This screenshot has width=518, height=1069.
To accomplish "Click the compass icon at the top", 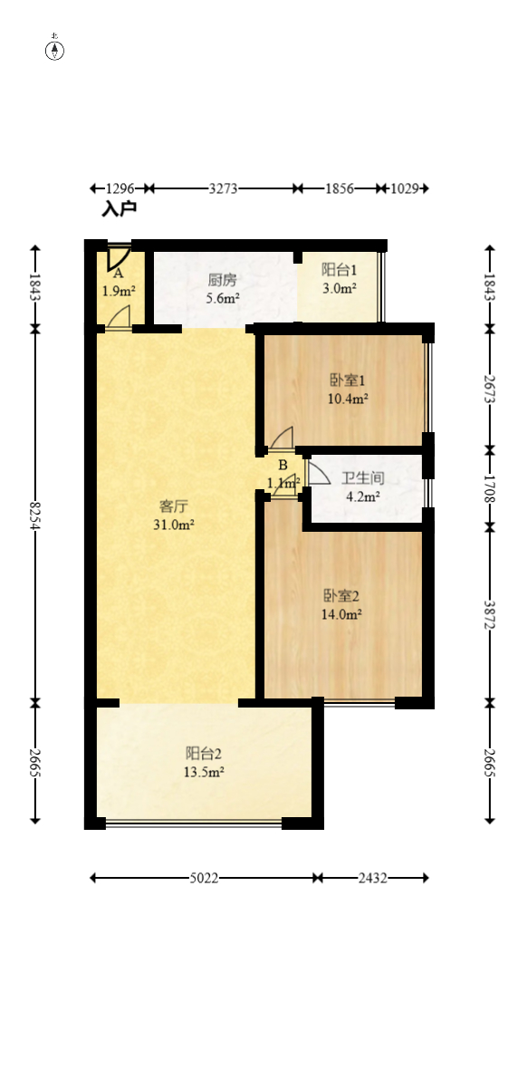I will pyautogui.click(x=55, y=49).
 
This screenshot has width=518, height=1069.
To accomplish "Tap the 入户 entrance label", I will pyautogui.click(x=119, y=209).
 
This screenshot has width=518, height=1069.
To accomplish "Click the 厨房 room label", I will pyautogui.click(x=223, y=279).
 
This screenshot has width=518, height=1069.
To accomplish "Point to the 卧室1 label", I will pyautogui.click(x=348, y=380).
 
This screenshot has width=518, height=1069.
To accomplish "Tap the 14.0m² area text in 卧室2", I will pyautogui.click(x=342, y=613).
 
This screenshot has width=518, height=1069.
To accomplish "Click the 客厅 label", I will pyautogui.click(x=172, y=506).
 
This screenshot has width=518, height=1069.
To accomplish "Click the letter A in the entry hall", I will pyautogui.click(x=118, y=273).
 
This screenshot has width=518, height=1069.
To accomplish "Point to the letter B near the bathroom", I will pyautogui.click(x=283, y=466).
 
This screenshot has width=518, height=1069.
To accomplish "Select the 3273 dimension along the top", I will pyautogui.click(x=223, y=188).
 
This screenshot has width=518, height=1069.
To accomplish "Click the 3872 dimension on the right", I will pyautogui.click(x=490, y=614).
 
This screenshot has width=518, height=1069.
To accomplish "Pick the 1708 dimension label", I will pyautogui.click(x=490, y=487).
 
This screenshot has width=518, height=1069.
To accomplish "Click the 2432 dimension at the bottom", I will pyautogui.click(x=372, y=878).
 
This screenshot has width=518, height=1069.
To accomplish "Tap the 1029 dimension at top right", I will pyautogui.click(x=403, y=188).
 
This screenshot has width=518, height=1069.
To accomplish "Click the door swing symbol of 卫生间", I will pyautogui.click(x=318, y=473).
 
